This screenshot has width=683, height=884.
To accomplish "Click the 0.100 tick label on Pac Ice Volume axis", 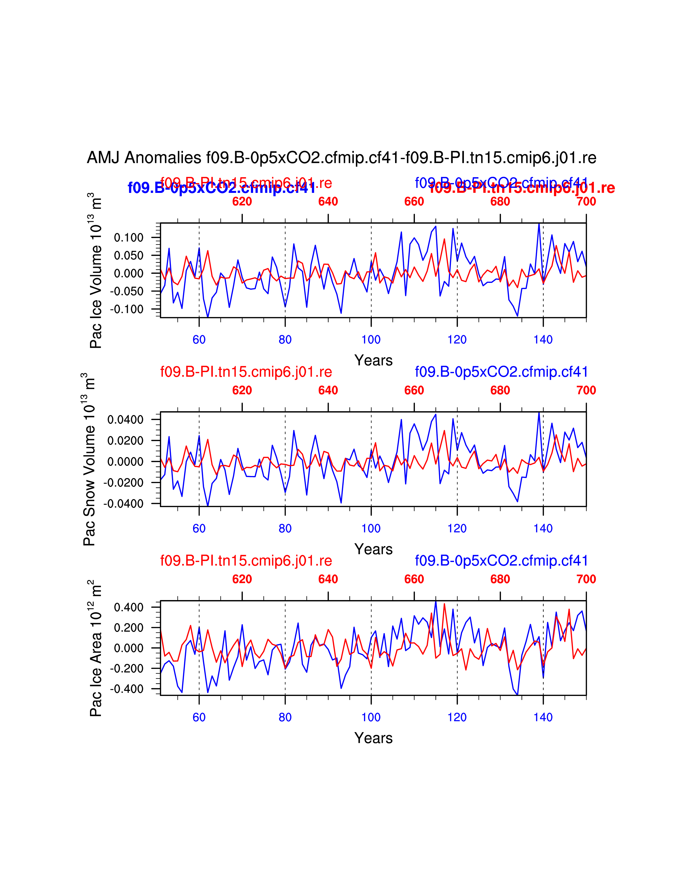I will coord(129,238).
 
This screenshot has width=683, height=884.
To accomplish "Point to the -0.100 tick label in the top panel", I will coord(127,309).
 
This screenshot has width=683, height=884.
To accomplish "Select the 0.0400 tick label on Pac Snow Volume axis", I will coord(125,420).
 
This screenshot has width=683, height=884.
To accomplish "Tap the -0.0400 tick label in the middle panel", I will coord(123,504).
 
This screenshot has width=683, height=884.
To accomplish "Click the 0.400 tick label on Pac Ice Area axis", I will coord(129,608).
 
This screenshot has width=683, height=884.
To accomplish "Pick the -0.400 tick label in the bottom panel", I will coord(127,689).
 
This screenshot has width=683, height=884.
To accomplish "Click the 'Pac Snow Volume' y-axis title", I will coord(89,459).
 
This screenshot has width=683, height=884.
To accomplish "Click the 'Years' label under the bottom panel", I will coord(373,738).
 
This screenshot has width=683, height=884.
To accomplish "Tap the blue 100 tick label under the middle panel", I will coord(371,529).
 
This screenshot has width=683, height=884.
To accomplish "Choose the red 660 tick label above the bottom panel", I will coord(414,579).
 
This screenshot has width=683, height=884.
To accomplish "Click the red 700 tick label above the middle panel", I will coord(586,391).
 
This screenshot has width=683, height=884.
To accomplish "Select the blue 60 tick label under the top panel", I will coord(199,340).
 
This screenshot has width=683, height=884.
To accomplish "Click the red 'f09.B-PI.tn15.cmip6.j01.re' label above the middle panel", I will coord(246,372).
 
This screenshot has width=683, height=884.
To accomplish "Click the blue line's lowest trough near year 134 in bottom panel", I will coord(517,695).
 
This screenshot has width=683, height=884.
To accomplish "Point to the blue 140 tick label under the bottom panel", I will coord(543,717).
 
